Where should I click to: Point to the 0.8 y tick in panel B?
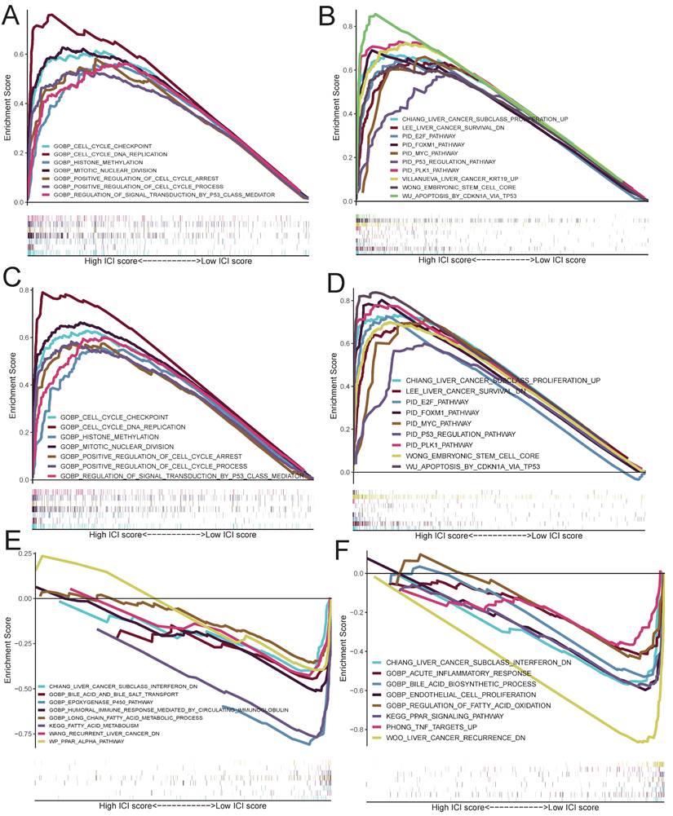pyautogui.click(x=348, y=26)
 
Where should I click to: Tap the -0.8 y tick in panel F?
pyautogui.click(x=351, y=728)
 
